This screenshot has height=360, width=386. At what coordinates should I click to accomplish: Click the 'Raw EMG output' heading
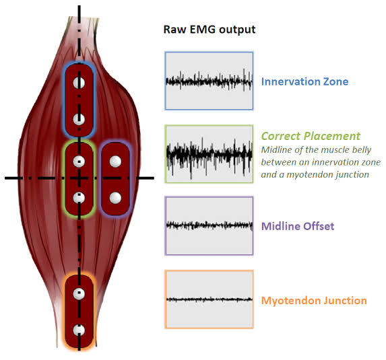(210, 30)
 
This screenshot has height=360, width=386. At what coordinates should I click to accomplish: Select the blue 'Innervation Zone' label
(304, 82)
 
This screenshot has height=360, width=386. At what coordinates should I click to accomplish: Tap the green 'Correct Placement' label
(311, 136)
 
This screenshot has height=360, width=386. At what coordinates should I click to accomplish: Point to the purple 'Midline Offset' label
(298, 226)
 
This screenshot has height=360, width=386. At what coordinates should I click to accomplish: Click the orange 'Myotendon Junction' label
(314, 300)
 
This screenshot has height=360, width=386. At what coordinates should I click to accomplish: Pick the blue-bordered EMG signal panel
(209, 81)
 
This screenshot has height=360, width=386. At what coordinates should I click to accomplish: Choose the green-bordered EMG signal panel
(209, 153)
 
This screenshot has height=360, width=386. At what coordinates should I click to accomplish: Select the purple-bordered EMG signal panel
(209, 226)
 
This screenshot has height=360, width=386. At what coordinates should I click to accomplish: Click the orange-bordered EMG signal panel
(209, 299)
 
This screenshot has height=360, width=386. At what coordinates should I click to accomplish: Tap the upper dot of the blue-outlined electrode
(79, 83)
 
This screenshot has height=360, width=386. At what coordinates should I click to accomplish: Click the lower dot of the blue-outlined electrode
(79, 119)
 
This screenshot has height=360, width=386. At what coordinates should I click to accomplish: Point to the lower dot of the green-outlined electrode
(79, 198)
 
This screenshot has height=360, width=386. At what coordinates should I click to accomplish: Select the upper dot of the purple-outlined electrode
(115, 161)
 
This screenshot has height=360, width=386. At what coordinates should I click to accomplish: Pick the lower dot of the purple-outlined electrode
(115, 197)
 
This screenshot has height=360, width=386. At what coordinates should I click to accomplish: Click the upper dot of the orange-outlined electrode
(79, 294)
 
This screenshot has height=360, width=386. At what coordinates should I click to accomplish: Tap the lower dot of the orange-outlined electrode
(79, 330)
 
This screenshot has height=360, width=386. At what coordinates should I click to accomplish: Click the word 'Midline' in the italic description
(278, 149)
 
